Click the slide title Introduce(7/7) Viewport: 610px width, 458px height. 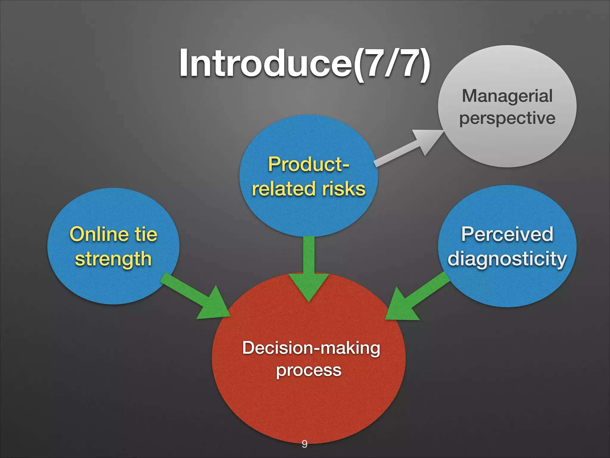[x=304, y=64]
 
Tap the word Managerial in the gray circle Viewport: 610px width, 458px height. [x=507, y=96]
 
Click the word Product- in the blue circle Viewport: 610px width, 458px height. [x=309, y=164]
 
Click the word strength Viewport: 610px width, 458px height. [x=113, y=259]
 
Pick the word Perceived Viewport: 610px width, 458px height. [x=507, y=234]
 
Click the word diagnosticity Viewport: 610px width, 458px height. [x=507, y=259]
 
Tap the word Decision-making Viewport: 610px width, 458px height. [x=311, y=348]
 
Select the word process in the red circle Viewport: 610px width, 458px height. [x=309, y=370]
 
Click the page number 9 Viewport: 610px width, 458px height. [x=304, y=444]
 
